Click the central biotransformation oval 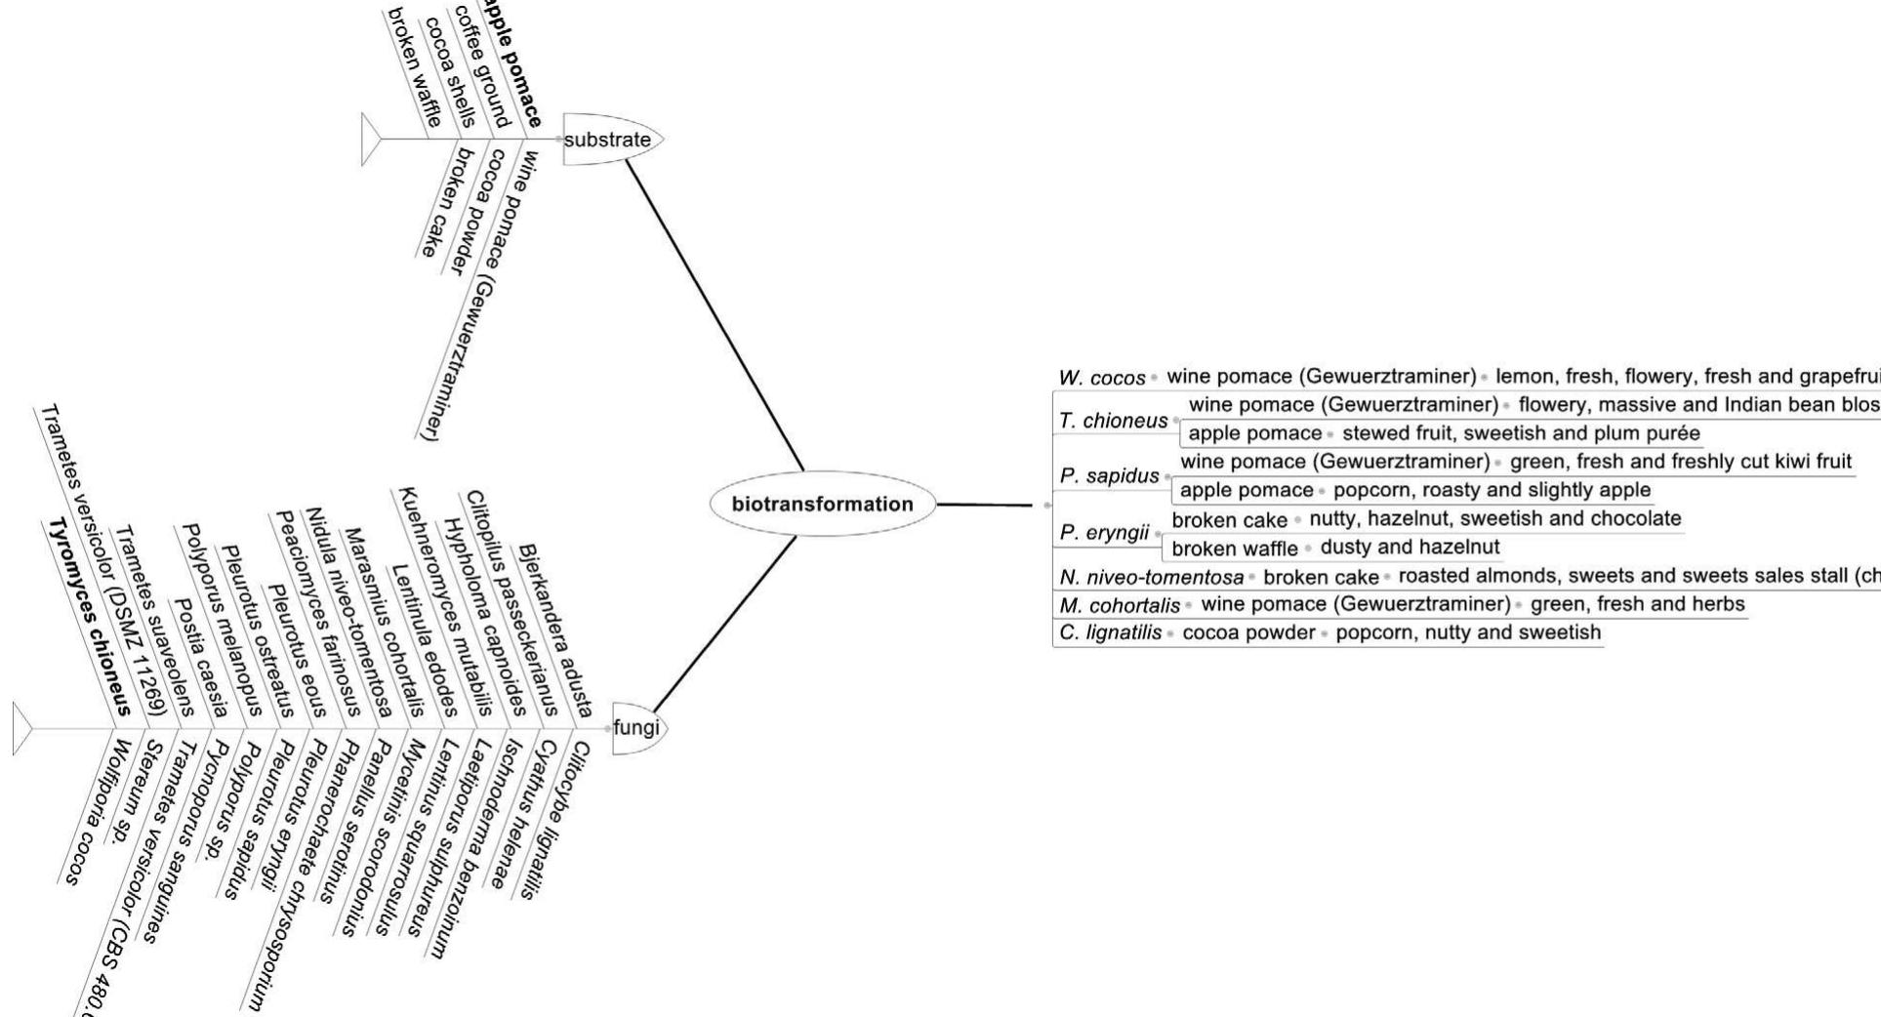822,505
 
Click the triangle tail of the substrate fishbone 370,140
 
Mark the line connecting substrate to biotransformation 716,315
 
